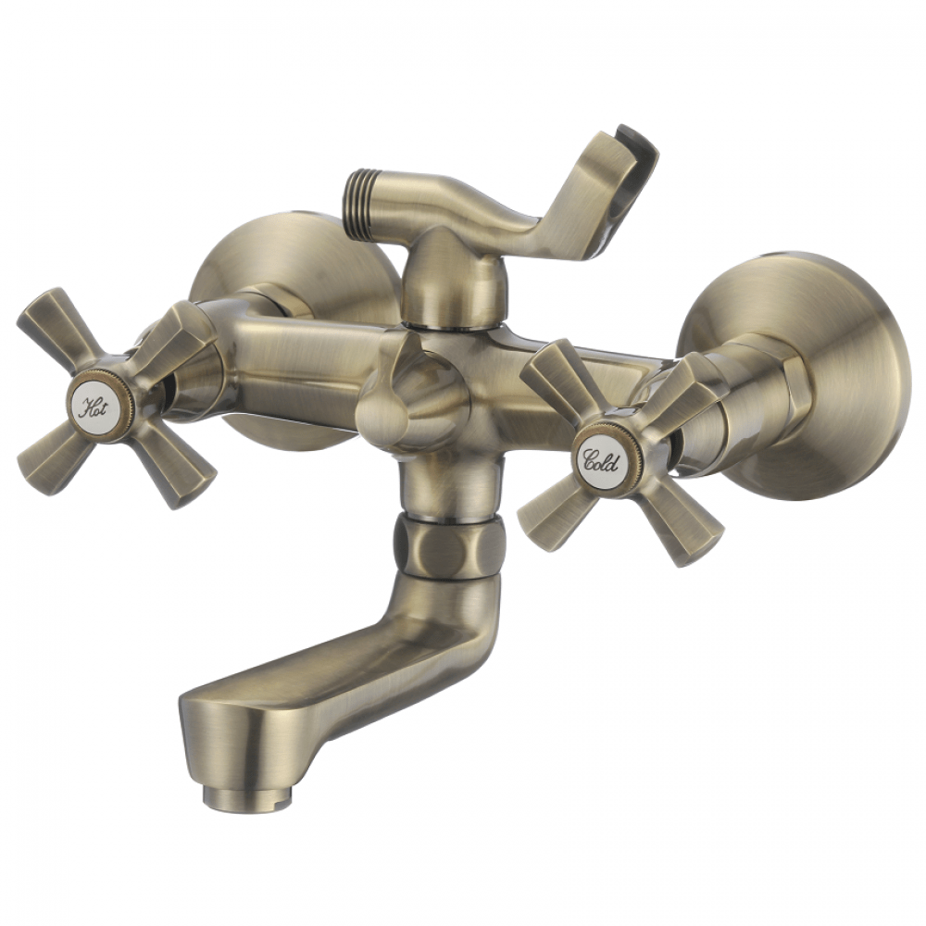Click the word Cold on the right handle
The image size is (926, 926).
point(601,460)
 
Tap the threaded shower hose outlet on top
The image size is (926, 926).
point(360,204)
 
